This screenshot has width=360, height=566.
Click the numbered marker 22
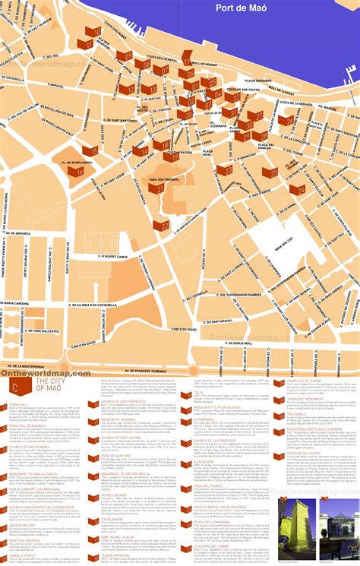pyautogui.click(x=163, y=225)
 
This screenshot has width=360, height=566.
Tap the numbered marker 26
pyautogui.click(x=286, y=120)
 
